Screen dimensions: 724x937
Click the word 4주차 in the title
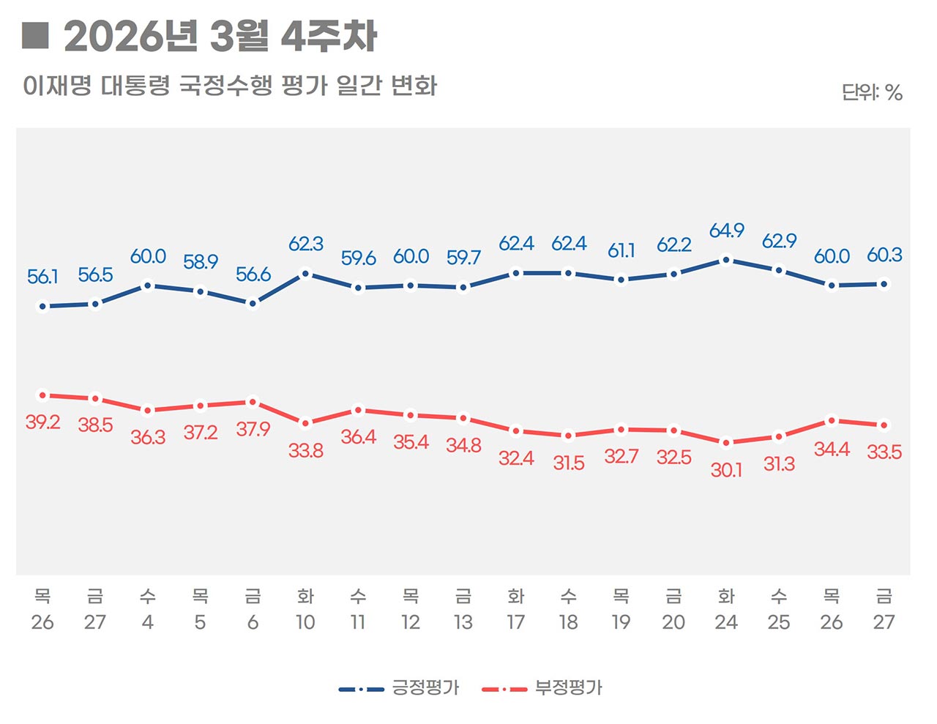point(329,37)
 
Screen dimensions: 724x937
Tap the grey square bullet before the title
point(35,35)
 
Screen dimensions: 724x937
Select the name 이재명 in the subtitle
point(57,86)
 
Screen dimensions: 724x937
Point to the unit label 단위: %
point(871,92)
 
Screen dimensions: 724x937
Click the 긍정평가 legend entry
point(425,688)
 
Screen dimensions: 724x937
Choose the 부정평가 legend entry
point(568,688)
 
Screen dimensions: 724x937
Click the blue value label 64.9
point(726,231)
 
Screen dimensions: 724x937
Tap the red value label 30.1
point(726,470)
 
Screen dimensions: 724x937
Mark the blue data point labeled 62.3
point(305,275)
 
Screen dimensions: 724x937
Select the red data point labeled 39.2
point(42,395)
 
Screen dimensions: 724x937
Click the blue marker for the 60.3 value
point(884,284)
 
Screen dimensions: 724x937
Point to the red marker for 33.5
point(884,425)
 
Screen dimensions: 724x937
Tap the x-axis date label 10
point(305,622)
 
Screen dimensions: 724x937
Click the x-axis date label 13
point(463,622)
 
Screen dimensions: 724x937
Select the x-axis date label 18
point(568,622)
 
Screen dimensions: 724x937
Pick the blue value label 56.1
point(42,277)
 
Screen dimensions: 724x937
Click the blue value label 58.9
point(201,262)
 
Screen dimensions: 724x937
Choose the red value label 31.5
point(568,463)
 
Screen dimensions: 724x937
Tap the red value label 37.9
point(253,429)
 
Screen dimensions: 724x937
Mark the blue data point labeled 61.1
point(621,280)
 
